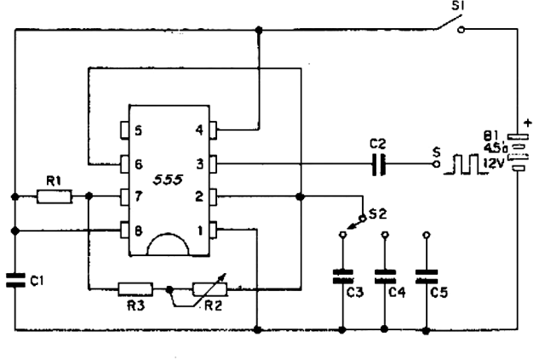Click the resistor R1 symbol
(54, 197)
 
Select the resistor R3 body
(135, 289)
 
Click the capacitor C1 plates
(15, 280)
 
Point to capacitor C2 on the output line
(378, 164)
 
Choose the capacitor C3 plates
(343, 277)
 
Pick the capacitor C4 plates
(385, 277)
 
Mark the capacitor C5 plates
(427, 277)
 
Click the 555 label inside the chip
(168, 180)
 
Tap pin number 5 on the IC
(138, 131)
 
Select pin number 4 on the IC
(199, 130)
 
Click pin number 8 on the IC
(138, 231)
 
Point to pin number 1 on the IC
(200, 231)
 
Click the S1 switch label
(458, 6)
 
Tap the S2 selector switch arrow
(355, 224)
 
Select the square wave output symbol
(464, 164)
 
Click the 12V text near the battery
(494, 163)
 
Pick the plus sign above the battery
(528, 123)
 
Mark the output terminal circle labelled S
(437, 163)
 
